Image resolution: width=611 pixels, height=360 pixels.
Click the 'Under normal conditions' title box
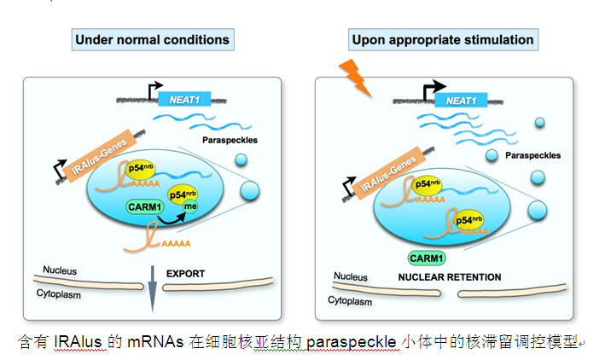(152, 39)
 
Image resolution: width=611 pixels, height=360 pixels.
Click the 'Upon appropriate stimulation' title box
(441, 39)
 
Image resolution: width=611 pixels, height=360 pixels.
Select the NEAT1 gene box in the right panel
(461, 100)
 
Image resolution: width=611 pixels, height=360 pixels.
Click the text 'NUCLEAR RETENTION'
(450, 277)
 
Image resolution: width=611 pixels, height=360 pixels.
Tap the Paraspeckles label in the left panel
(230, 139)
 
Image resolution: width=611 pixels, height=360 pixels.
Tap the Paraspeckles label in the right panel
(533, 156)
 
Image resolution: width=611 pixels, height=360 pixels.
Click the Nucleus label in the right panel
(351, 276)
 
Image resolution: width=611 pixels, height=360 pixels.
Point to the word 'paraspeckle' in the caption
(343, 341)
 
